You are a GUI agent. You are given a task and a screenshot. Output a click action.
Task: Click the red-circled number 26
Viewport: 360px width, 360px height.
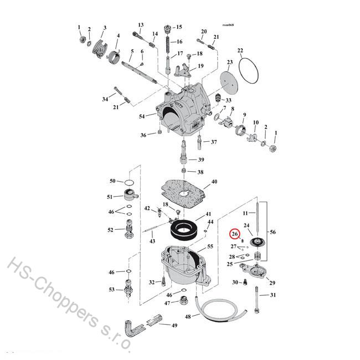pos(235,235)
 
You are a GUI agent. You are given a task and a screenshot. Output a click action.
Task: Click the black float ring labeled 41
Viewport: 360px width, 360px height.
pos(183,228)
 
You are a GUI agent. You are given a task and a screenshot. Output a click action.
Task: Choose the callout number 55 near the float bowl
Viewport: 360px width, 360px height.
pos(210,246)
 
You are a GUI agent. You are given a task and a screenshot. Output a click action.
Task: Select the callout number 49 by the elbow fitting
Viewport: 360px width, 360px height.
pos(174,325)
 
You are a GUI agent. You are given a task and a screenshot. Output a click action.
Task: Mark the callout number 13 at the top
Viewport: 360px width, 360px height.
pos(141,25)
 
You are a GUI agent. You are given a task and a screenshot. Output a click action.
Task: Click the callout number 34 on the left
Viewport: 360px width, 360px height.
pos(105,99)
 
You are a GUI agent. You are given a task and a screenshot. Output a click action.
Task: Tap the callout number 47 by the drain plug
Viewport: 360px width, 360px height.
pos(167,303)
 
